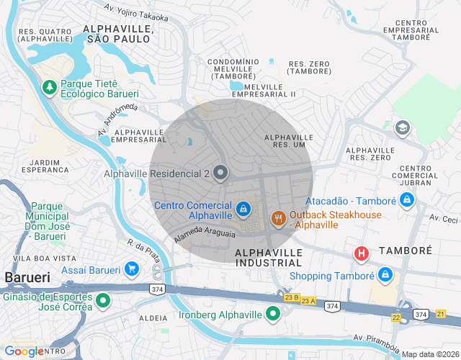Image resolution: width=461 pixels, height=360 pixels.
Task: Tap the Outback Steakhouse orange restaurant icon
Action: coord(278,217)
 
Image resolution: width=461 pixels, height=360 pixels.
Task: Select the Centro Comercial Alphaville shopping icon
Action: coord(244,209)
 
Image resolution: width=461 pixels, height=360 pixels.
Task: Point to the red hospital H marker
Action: coord(361,254)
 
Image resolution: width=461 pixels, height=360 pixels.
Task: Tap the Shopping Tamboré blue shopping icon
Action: coord(385,276)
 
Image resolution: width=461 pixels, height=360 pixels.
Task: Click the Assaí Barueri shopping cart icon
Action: coord(132,270)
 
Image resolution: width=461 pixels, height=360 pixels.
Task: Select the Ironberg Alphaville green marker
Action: coord(273,313)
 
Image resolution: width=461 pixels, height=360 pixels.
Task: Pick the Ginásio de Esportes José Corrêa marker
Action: coord(103,300)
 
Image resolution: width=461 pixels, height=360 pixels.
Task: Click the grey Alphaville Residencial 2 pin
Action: coord(220,174)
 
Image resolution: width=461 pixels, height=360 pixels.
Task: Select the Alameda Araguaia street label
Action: coord(205,235)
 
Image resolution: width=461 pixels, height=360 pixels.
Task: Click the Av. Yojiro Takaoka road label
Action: coord(136,12)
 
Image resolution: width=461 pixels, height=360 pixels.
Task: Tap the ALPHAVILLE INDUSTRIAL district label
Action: coord(268,258)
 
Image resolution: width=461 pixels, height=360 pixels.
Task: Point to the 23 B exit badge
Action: coord(291,297)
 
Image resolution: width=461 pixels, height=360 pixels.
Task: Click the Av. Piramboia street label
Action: coord(375,341)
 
